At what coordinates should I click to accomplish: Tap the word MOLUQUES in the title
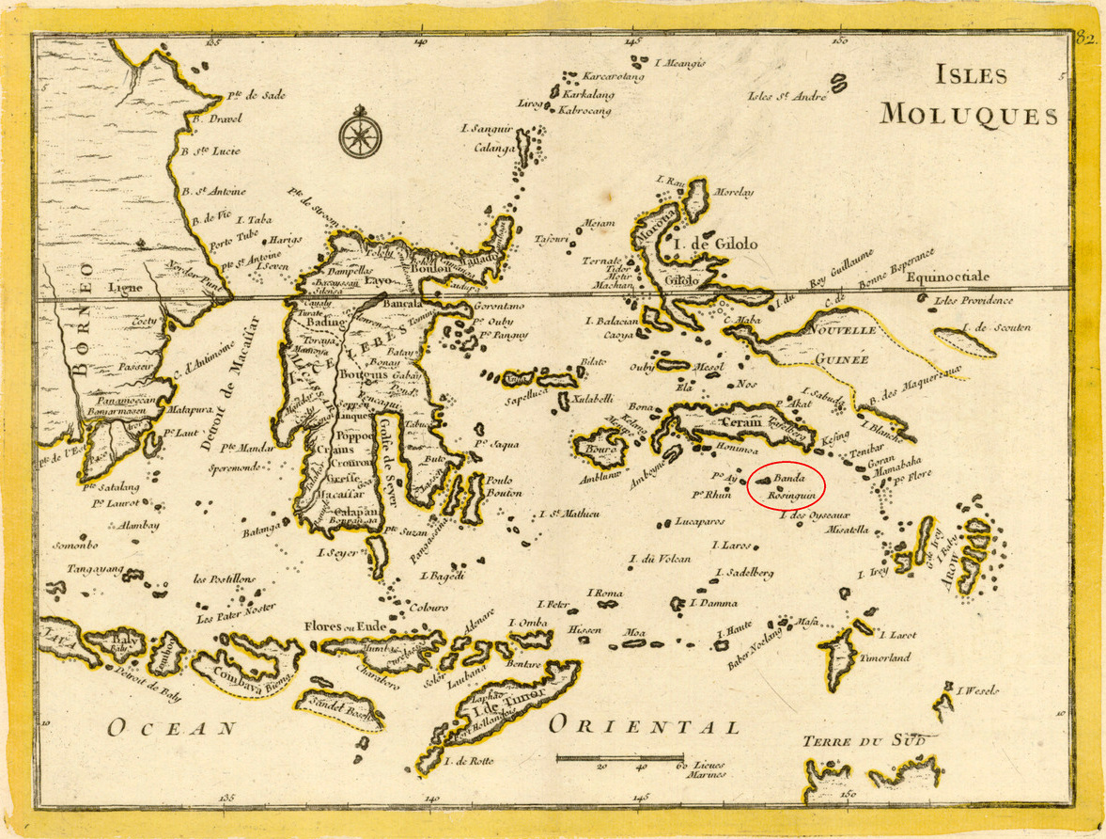968,116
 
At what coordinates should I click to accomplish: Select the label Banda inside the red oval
789,478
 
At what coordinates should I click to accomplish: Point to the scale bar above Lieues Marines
620,757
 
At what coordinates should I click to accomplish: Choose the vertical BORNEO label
82,324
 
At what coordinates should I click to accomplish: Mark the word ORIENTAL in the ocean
644,726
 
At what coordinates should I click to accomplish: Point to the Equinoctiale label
947,277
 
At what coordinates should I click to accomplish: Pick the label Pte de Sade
256,95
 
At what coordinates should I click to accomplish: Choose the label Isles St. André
787,95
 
